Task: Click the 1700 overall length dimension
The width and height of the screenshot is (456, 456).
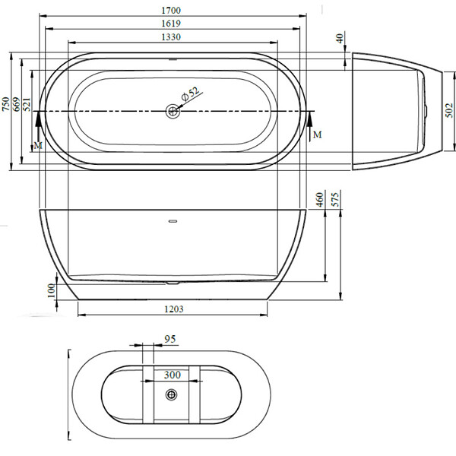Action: [171, 11]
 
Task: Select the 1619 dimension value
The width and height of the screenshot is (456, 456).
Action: [171, 24]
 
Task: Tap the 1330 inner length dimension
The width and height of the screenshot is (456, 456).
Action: [171, 37]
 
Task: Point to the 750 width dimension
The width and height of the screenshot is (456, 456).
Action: [5, 104]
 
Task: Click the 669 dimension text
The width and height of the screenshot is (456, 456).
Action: [16, 104]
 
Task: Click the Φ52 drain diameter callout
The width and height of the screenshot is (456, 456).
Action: [191, 93]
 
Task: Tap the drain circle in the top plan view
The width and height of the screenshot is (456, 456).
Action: [173, 111]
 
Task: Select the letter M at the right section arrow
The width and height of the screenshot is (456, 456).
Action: [317, 135]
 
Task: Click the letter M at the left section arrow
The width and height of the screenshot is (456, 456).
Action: [38, 145]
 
